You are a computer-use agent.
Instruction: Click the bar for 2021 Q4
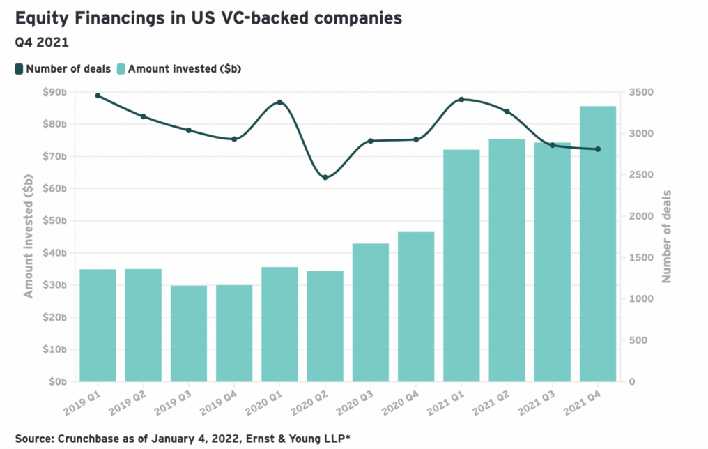click(x=598, y=244)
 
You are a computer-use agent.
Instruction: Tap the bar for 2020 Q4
click(x=416, y=307)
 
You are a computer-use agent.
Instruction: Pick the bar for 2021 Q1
click(x=461, y=266)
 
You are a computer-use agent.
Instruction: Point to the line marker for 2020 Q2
click(x=325, y=177)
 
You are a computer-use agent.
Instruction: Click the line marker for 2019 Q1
click(x=98, y=96)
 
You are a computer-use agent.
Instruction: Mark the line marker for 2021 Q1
click(x=461, y=100)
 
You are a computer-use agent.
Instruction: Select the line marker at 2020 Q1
click(x=279, y=102)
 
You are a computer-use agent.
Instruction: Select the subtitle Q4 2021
click(x=42, y=42)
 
